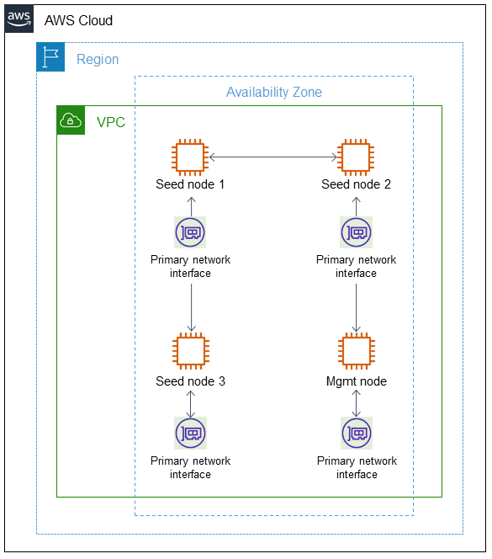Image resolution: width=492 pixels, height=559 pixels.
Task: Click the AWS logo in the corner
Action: pyautogui.click(x=19, y=19)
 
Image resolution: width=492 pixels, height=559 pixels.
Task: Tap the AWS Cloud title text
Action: pyautogui.click(x=78, y=20)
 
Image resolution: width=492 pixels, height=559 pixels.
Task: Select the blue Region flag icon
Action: pyautogui.click(x=50, y=58)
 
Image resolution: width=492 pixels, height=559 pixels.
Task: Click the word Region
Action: pyautogui.click(x=98, y=60)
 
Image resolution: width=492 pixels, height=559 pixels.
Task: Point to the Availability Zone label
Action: pyautogui.click(x=273, y=92)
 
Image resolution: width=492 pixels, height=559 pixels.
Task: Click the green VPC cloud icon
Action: pyautogui.click(x=71, y=121)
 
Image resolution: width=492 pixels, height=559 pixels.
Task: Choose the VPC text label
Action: pyautogui.click(x=111, y=123)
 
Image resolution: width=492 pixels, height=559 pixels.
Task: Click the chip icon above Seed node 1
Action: pyautogui.click(x=191, y=157)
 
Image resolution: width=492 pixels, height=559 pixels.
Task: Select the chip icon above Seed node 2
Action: pyautogui.click(x=357, y=157)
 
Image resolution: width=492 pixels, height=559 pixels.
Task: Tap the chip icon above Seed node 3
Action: pyautogui.click(x=191, y=353)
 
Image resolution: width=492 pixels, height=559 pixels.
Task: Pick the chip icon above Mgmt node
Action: pyautogui.click(x=357, y=353)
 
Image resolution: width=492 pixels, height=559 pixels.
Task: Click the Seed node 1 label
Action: pyautogui.click(x=190, y=184)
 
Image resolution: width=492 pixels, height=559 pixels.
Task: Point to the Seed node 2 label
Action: pyautogui.click(x=356, y=184)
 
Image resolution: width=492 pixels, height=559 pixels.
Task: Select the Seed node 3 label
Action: pyautogui.click(x=190, y=381)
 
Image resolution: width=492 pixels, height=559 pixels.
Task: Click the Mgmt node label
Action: pyautogui.click(x=357, y=381)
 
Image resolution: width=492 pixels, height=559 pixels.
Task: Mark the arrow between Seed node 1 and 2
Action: pyautogui.click(x=273, y=157)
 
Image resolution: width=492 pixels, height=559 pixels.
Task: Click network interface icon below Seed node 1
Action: pyautogui.click(x=191, y=232)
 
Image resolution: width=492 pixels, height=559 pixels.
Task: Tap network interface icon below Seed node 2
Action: pyautogui.click(x=357, y=232)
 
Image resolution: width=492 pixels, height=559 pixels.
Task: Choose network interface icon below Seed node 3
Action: pyautogui.click(x=191, y=433)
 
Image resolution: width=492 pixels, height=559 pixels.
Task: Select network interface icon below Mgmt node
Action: pyautogui.click(x=357, y=433)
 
